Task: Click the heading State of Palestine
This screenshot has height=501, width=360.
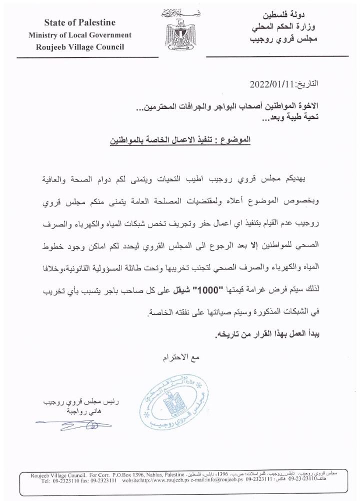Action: pyautogui.click(x=79, y=22)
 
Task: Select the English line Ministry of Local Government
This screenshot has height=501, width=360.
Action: pyautogui.click(x=80, y=35)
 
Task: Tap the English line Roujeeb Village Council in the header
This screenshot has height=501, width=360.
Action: pyautogui.click(x=80, y=47)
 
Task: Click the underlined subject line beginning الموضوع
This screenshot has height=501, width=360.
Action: pyautogui.click(x=180, y=141)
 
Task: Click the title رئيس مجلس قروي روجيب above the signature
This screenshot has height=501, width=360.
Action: pyautogui.click(x=70, y=402)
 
